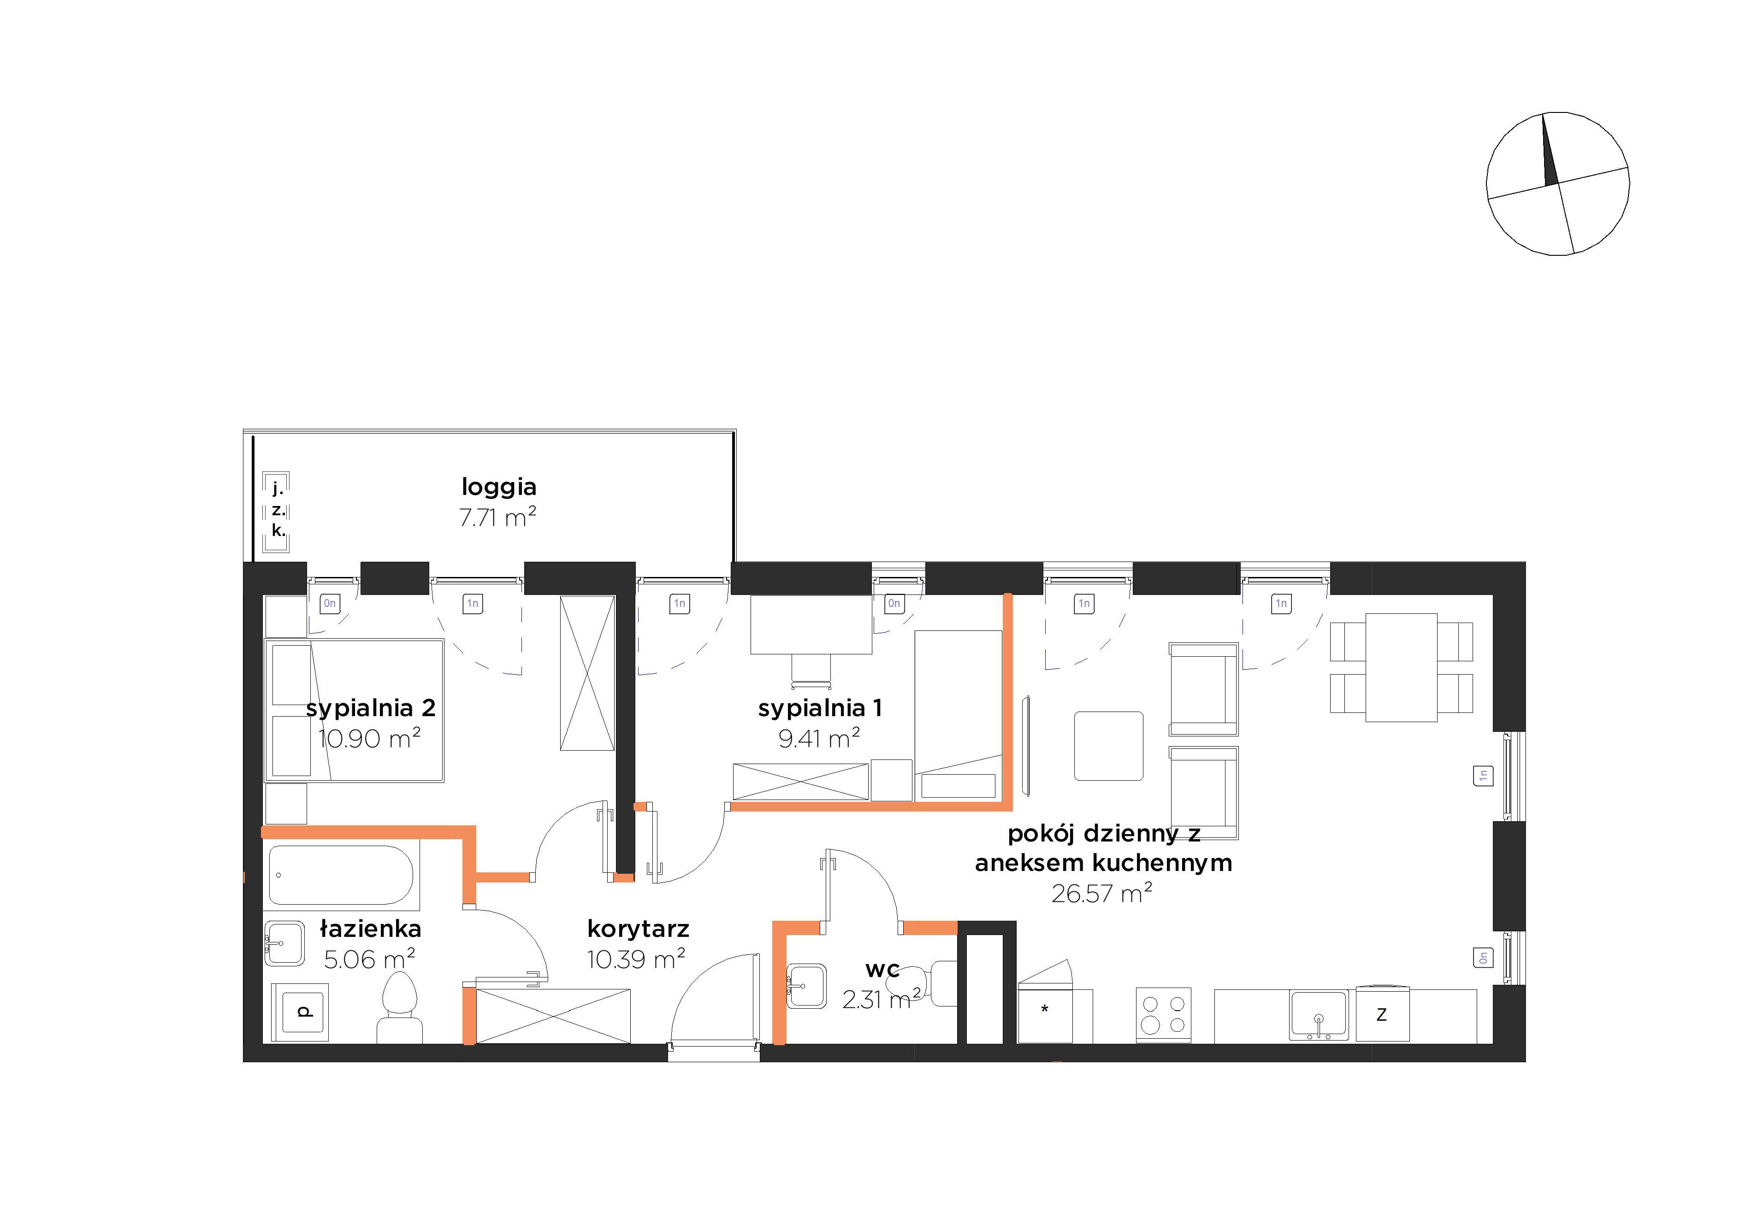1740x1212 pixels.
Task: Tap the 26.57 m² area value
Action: (1102, 894)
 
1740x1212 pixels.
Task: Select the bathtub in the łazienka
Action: (341, 876)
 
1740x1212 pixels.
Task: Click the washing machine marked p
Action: (300, 1011)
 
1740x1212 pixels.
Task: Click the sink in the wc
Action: (806, 986)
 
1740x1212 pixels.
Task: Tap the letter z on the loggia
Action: (278, 510)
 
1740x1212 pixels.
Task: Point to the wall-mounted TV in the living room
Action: (1026, 745)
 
